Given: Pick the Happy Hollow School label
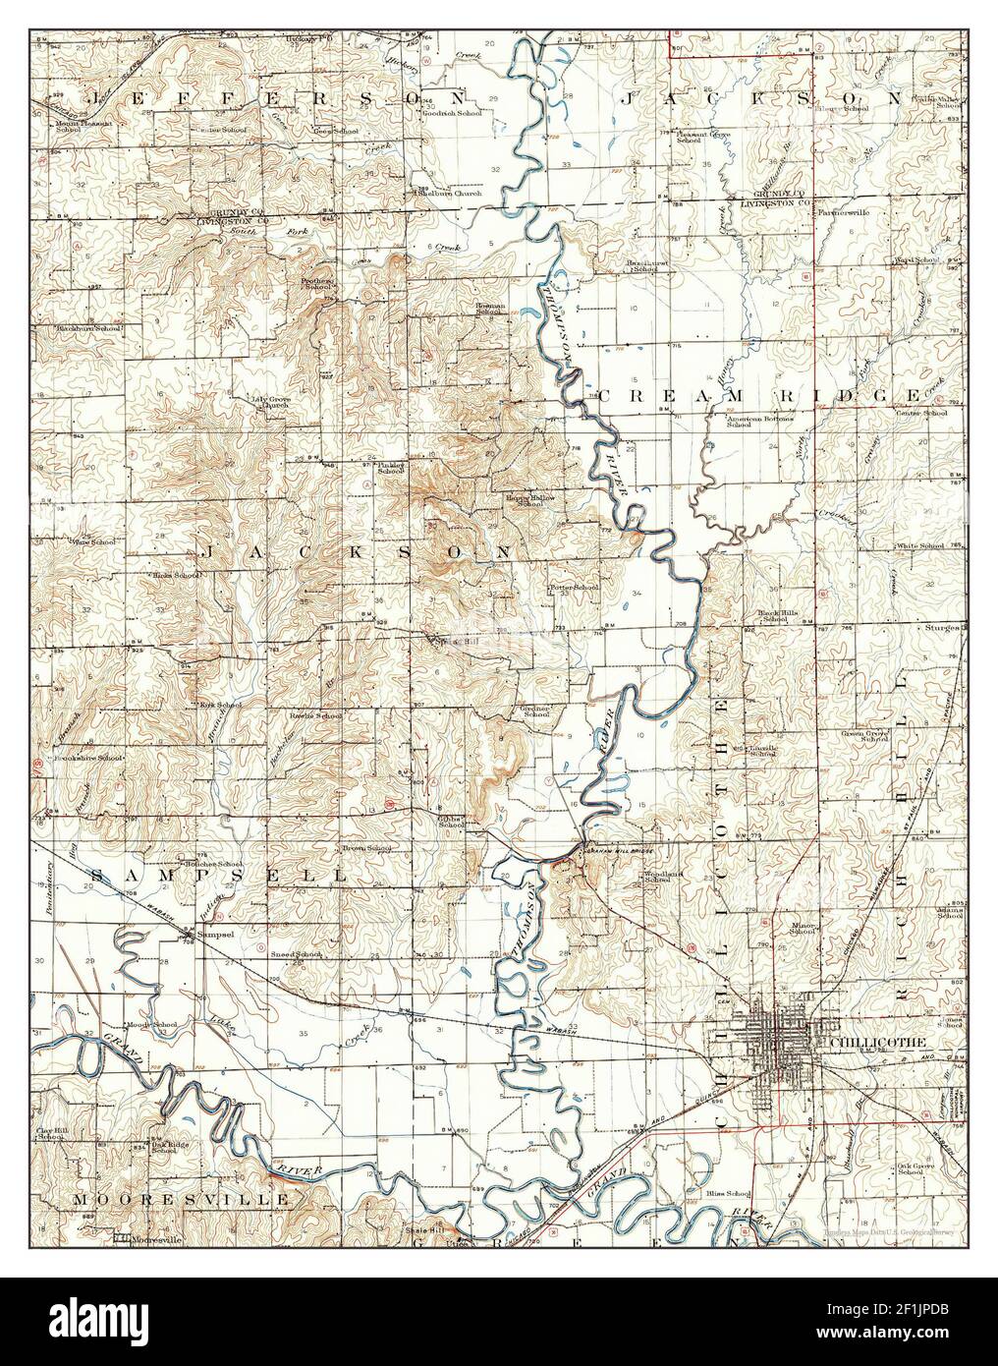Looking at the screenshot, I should tap(530, 500).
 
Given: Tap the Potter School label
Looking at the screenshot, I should tap(574, 588).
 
